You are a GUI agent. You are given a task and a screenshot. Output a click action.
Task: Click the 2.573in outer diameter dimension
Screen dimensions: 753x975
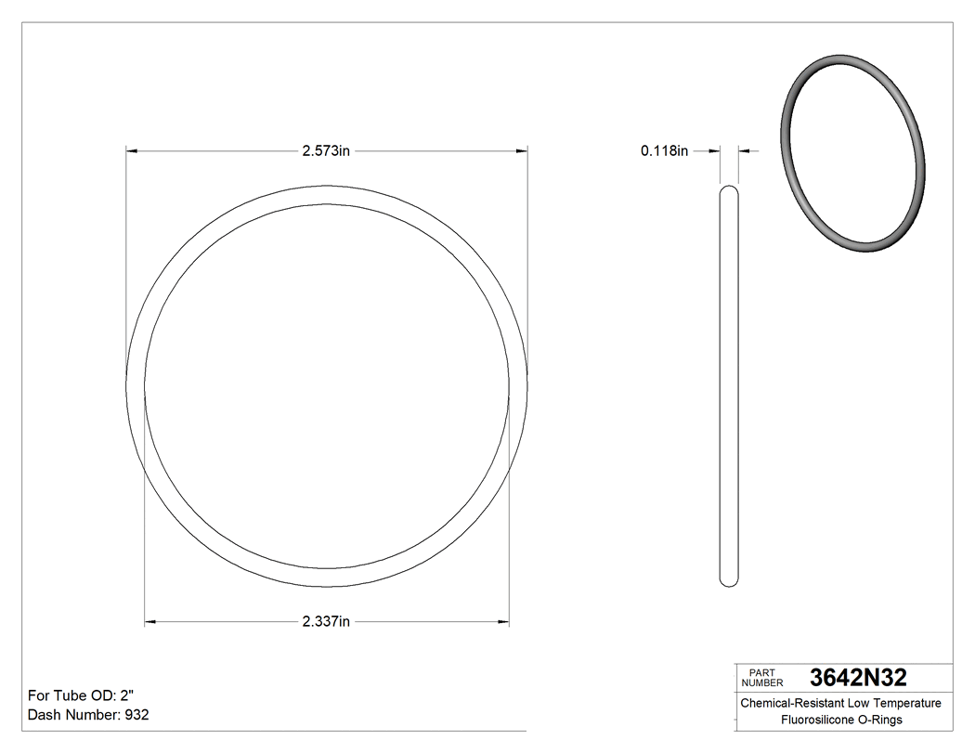pyautogui.click(x=325, y=150)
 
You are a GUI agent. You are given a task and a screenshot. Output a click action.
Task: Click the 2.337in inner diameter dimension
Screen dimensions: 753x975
pyautogui.click(x=325, y=621)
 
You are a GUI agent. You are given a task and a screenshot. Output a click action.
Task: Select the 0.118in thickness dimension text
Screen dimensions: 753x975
pyautogui.click(x=664, y=150)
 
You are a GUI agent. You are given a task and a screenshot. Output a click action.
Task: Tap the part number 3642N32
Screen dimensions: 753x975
pyautogui.click(x=858, y=677)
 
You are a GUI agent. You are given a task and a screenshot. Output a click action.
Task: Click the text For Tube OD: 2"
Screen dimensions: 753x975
pyautogui.click(x=84, y=695)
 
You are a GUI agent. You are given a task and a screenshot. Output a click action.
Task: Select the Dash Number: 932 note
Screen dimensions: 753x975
pyautogui.click(x=88, y=715)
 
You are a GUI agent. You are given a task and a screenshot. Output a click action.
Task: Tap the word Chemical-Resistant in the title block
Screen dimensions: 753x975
pyautogui.click(x=791, y=703)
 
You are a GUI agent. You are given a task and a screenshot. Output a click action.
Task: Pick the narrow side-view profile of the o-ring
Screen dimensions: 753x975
pyautogui.click(x=730, y=385)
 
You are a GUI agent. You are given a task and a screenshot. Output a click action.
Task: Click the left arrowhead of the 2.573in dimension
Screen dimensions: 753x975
pyautogui.click(x=132, y=150)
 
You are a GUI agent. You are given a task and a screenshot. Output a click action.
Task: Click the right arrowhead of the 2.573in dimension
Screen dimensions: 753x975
pyautogui.click(x=522, y=150)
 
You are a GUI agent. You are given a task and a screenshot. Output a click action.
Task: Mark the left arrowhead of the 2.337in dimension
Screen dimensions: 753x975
pyautogui.click(x=150, y=621)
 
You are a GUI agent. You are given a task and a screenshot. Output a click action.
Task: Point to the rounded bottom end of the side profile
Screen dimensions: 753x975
pyautogui.click(x=730, y=581)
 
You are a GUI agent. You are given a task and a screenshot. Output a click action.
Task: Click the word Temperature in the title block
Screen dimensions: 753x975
pyautogui.click(x=905, y=703)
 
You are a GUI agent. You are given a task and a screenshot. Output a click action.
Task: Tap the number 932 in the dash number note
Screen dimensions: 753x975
pyautogui.click(x=136, y=715)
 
